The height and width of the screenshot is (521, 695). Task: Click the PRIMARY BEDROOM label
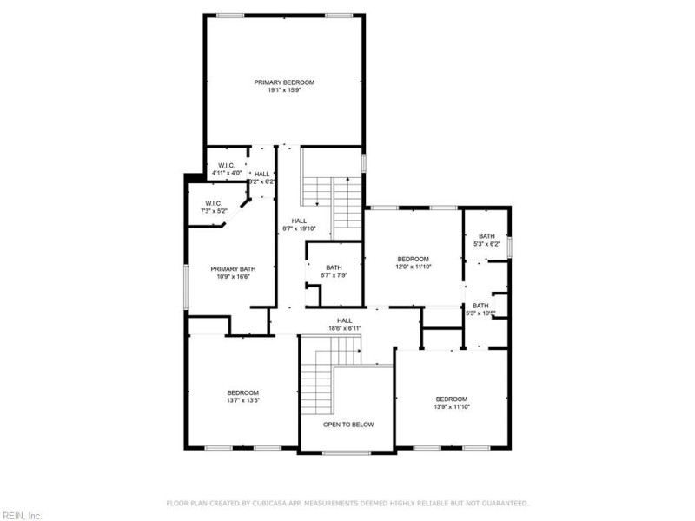pos(284,82)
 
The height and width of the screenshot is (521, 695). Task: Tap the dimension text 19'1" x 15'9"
pos(284,90)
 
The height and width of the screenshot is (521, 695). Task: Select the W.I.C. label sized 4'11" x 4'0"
pos(227,165)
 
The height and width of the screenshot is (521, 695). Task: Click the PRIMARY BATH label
pos(232,269)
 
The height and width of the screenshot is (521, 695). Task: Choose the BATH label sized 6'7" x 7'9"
pos(334,267)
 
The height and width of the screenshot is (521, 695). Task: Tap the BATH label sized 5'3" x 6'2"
pos(486,236)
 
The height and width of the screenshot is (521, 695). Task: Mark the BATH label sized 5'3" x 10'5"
pos(480,306)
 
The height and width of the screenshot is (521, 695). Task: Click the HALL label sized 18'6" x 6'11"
pos(345,320)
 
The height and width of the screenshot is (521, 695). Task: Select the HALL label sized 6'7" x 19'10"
pos(299,221)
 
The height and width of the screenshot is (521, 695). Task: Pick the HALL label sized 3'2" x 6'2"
pos(261,175)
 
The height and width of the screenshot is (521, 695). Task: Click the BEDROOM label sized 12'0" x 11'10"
pos(414,259)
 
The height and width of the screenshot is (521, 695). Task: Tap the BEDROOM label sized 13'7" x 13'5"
pos(243,393)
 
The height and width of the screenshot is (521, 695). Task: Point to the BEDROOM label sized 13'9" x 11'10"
pos(451,399)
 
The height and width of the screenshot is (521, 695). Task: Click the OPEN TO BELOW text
pos(348,425)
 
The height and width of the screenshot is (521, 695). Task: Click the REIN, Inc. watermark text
pos(21,515)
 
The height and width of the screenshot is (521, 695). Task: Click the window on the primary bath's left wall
pos(186,287)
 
